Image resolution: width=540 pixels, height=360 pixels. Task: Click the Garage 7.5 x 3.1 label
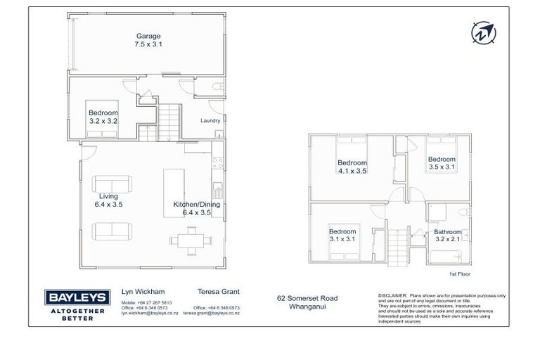(x=148, y=40)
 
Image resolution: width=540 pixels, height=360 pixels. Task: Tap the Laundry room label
(x=210, y=120)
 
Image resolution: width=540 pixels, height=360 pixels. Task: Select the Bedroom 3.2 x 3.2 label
(x=103, y=116)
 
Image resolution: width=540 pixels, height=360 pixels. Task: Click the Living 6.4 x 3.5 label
(x=108, y=200)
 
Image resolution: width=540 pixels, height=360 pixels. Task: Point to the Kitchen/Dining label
(x=197, y=205)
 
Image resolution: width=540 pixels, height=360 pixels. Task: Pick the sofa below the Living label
(x=112, y=230)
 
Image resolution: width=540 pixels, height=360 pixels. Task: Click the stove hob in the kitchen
(x=219, y=163)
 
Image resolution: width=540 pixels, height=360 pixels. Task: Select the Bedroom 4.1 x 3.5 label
(x=352, y=167)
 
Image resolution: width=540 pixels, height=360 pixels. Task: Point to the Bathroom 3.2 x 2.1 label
(x=447, y=236)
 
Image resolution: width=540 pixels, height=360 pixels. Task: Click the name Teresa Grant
(x=212, y=290)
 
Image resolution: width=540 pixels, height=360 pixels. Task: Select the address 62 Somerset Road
(x=307, y=299)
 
